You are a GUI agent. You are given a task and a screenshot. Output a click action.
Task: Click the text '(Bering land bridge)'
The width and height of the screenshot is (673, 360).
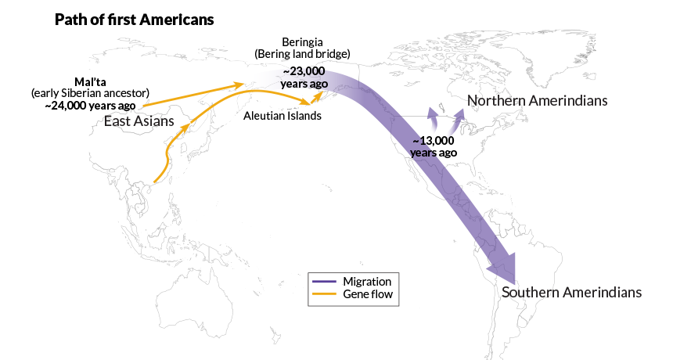pyautogui.click(x=302, y=53)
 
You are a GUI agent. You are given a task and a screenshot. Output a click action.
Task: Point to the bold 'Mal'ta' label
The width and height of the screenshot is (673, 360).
pyautogui.click(x=88, y=81)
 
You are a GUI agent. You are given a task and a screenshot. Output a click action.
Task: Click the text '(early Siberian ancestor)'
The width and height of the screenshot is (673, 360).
pyautogui.click(x=89, y=93)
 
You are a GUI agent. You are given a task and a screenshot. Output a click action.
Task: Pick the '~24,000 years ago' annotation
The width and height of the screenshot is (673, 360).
pyautogui.click(x=89, y=105)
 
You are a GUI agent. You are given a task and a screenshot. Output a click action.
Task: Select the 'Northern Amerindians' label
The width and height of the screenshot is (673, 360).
pyautogui.click(x=537, y=101)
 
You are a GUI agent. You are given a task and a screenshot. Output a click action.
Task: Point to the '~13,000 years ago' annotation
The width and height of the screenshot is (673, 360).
pyautogui.click(x=433, y=146)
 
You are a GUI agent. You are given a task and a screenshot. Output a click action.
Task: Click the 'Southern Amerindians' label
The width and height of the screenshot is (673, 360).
pyautogui.click(x=571, y=292)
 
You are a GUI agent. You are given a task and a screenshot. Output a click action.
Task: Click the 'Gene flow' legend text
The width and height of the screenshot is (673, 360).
pyautogui.click(x=367, y=294)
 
